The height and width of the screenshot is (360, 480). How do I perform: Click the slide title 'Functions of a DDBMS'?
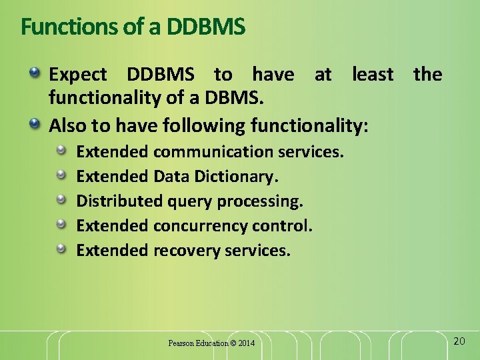(133, 27)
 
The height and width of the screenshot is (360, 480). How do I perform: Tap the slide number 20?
(459, 341)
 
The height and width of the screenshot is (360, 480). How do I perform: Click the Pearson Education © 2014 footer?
(211, 343)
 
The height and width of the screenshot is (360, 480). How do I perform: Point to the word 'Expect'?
(78, 75)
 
